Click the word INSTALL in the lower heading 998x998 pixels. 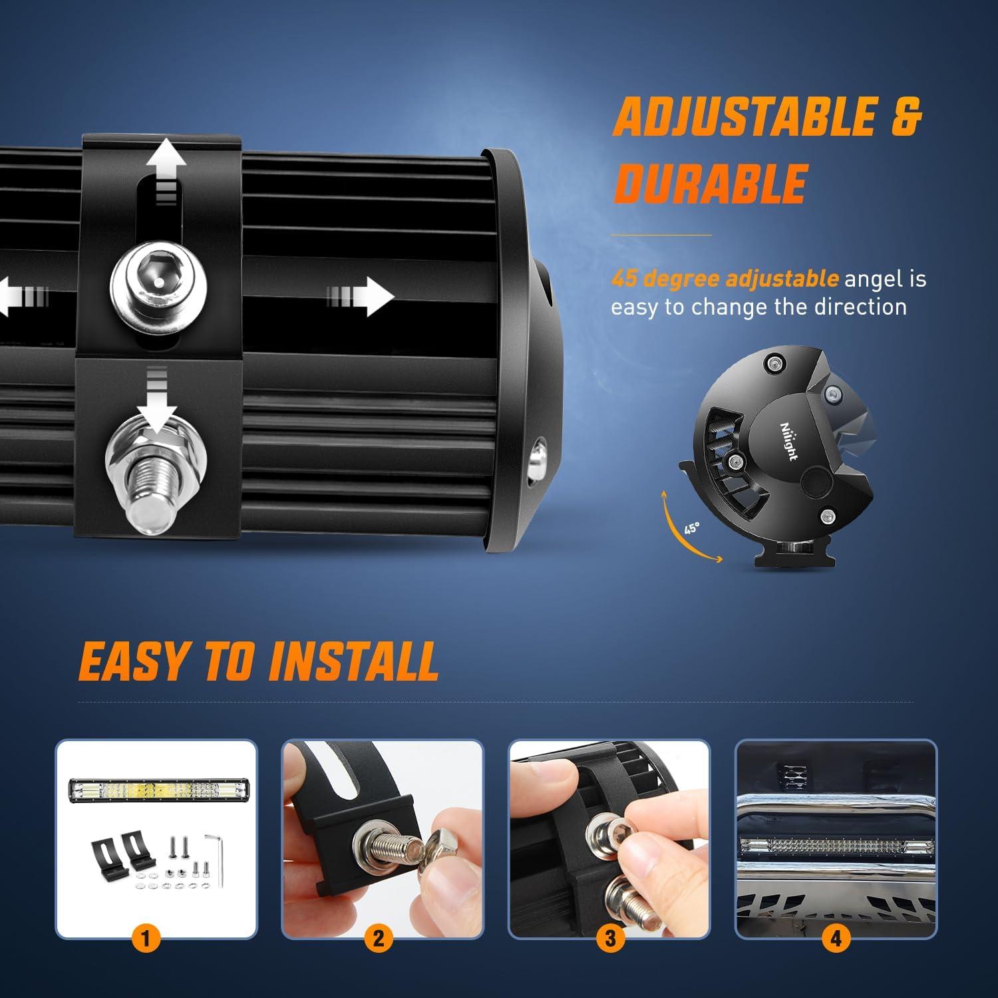point(353,662)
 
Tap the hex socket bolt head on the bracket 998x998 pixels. point(158,282)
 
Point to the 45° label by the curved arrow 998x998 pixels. point(692,528)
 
